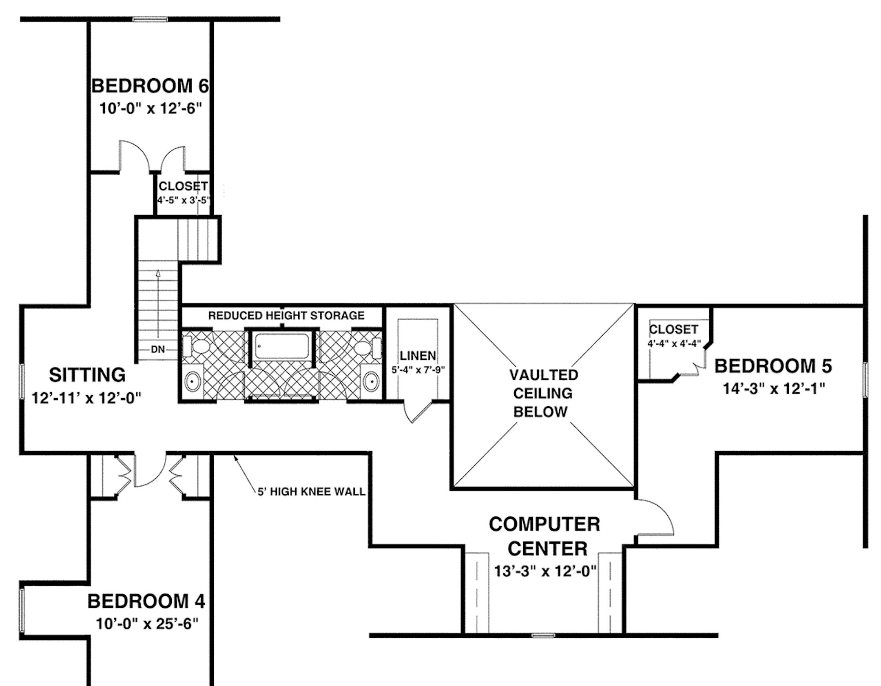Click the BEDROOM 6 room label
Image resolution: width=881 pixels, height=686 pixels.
pyautogui.click(x=150, y=86)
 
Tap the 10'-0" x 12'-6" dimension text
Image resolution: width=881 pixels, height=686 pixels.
pyautogui.click(x=151, y=109)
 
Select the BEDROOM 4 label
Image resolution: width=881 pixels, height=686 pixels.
pyautogui.click(x=146, y=601)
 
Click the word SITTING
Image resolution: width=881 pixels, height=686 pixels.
pyautogui.click(x=87, y=375)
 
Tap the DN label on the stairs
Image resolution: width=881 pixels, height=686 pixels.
pyautogui.click(x=158, y=350)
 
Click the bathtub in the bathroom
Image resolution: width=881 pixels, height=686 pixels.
pyautogui.click(x=281, y=346)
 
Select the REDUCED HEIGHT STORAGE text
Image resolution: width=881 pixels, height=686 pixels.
pyautogui.click(x=286, y=315)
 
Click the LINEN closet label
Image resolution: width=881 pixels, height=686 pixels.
pyautogui.click(x=418, y=356)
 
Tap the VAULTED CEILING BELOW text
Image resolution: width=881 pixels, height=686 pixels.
pyautogui.click(x=542, y=393)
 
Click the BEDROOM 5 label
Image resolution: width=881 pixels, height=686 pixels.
pyautogui.click(x=773, y=366)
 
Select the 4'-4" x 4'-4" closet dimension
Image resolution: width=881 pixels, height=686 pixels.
pyautogui.click(x=674, y=343)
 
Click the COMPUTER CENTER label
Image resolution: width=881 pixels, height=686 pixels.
pyautogui.click(x=545, y=536)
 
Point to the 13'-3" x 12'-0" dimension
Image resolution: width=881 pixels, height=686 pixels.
pyautogui.click(x=545, y=571)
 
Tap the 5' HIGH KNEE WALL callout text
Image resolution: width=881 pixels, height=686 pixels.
pyautogui.click(x=311, y=491)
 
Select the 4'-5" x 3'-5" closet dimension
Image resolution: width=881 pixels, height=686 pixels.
pyautogui.click(x=183, y=201)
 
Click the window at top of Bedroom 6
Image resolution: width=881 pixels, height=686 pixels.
pyautogui.click(x=150, y=19)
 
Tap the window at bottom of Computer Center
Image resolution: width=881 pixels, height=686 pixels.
pyautogui.click(x=544, y=635)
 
